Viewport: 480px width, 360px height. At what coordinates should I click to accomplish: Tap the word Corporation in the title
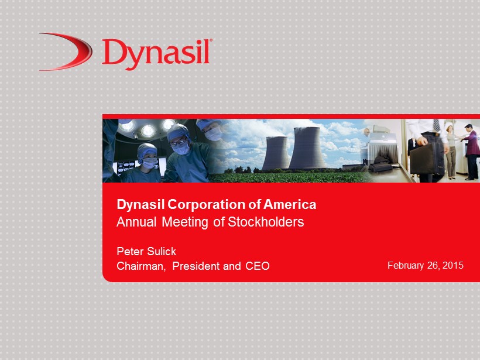tap(207, 205)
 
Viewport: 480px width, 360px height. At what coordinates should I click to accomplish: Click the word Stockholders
tap(266, 222)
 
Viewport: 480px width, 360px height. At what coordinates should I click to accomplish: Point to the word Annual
tap(136, 222)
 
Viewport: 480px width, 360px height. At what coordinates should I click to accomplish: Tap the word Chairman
tap(141, 266)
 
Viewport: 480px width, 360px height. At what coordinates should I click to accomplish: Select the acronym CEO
tap(258, 266)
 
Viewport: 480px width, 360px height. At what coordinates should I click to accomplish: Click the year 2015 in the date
tap(452, 265)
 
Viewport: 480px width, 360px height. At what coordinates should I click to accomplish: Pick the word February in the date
tap(406, 265)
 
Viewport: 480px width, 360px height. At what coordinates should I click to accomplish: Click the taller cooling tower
tap(307, 148)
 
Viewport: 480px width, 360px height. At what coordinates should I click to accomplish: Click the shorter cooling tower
tap(276, 153)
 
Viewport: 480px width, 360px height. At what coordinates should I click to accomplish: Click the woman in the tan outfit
tap(451, 152)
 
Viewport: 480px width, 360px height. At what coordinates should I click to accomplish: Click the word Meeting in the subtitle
tap(184, 222)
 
